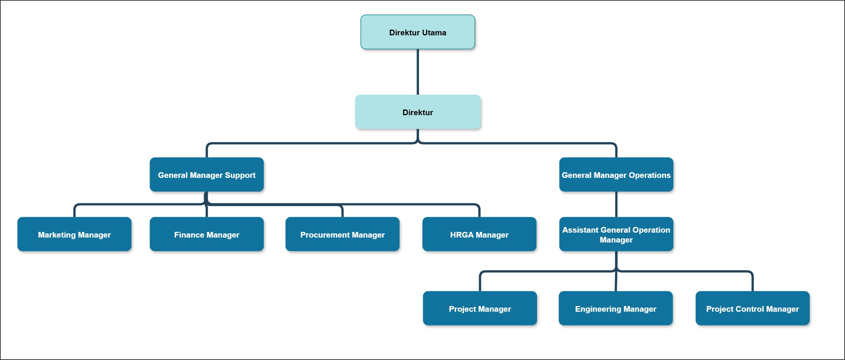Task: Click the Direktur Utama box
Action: click(418, 32)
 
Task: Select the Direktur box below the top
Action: click(418, 112)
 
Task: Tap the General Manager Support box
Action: click(206, 174)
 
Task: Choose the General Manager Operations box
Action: click(616, 174)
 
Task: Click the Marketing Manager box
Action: click(74, 234)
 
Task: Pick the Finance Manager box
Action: click(206, 234)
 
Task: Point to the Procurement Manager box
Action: click(342, 234)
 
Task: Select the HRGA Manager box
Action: click(479, 234)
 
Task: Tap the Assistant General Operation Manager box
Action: click(616, 234)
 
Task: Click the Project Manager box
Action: click(480, 308)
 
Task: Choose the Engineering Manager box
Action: click(616, 308)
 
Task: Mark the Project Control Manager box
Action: click(753, 308)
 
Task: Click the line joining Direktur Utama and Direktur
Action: click(418, 72)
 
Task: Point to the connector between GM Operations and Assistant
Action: click(616, 204)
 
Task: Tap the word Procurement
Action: click(321, 235)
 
